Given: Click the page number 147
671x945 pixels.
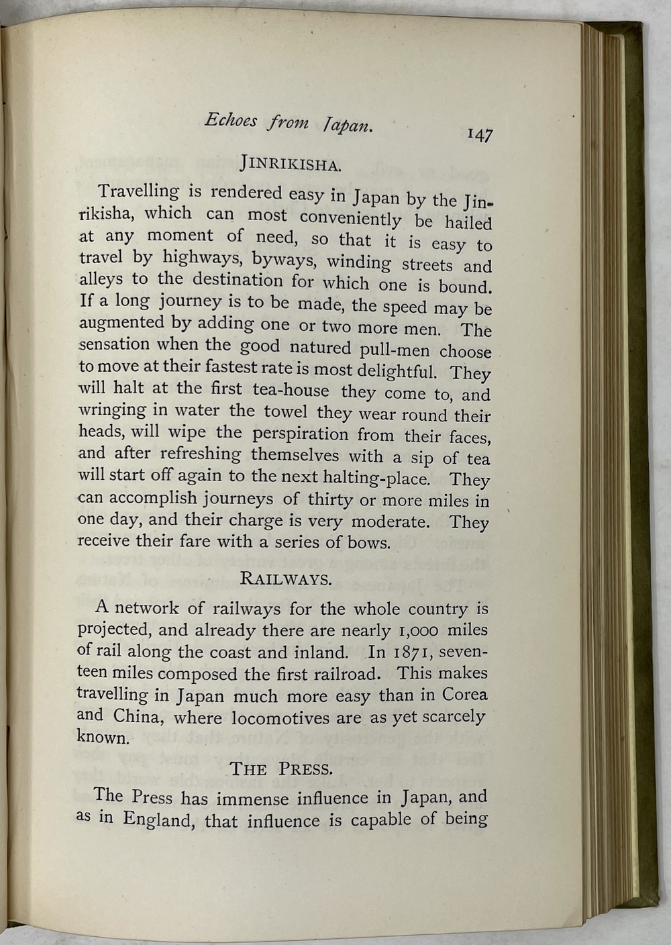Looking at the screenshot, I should pyautogui.click(x=480, y=134).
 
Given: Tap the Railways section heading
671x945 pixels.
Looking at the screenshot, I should pyautogui.click(x=286, y=579).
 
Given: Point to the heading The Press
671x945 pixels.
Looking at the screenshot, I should pyautogui.click(x=281, y=768).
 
